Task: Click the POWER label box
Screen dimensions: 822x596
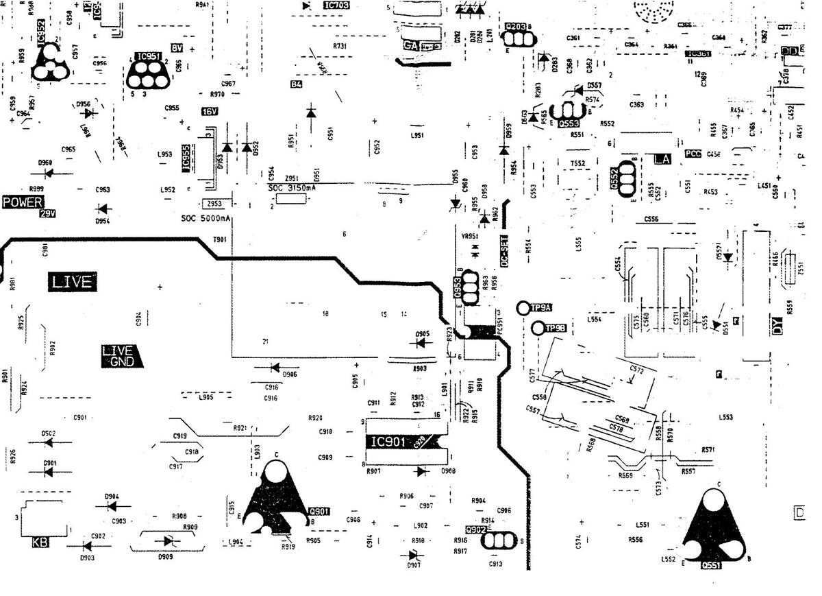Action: point(23,202)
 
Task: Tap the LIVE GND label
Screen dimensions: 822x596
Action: point(121,356)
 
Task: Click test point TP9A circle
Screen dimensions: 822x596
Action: point(523,309)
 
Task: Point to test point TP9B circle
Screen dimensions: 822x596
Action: point(537,329)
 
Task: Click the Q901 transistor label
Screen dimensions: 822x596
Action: point(320,511)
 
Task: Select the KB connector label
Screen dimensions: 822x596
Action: point(40,543)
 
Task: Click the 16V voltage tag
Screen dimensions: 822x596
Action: point(209,111)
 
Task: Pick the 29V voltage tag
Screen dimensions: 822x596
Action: point(47,214)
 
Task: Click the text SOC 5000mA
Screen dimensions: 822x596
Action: point(206,219)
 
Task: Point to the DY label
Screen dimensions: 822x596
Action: point(777,329)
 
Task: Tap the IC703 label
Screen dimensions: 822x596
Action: point(336,5)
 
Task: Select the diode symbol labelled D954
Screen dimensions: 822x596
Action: point(103,208)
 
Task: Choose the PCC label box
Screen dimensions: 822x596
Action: point(693,154)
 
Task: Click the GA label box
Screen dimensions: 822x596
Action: point(411,45)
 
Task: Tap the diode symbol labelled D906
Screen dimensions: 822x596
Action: point(275,368)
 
